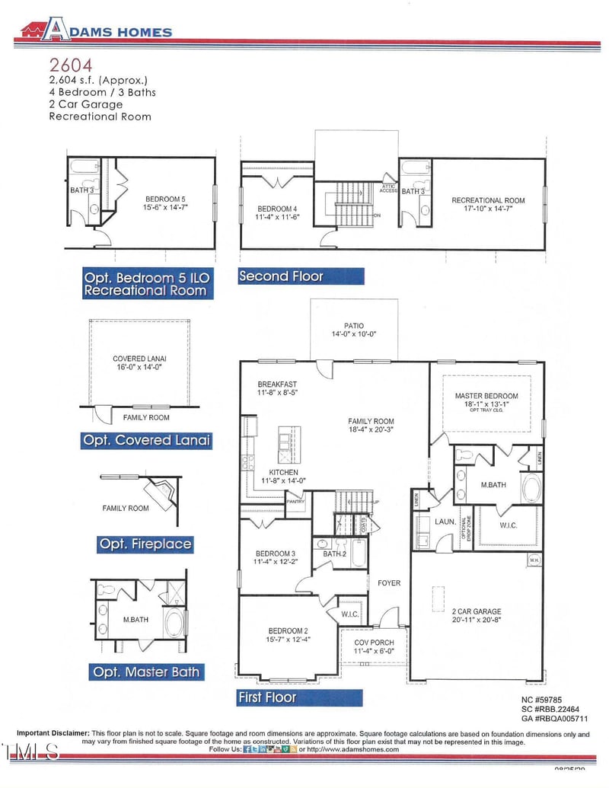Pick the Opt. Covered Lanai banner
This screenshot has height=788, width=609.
[146, 440]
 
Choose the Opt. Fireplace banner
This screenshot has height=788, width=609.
[145, 544]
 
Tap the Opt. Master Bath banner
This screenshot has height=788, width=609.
[146, 672]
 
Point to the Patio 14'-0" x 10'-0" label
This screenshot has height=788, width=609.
[354, 330]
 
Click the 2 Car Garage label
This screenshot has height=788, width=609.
[476, 616]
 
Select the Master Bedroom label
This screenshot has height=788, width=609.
[486, 400]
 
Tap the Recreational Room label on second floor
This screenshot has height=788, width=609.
[488, 205]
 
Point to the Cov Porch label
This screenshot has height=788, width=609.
[374, 647]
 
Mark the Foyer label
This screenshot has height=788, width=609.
[389, 583]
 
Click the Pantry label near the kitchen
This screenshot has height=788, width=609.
[295, 502]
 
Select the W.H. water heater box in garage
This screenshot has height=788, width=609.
[534, 560]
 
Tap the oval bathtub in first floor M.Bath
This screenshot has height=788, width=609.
[531, 487]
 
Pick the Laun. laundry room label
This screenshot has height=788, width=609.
[445, 522]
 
